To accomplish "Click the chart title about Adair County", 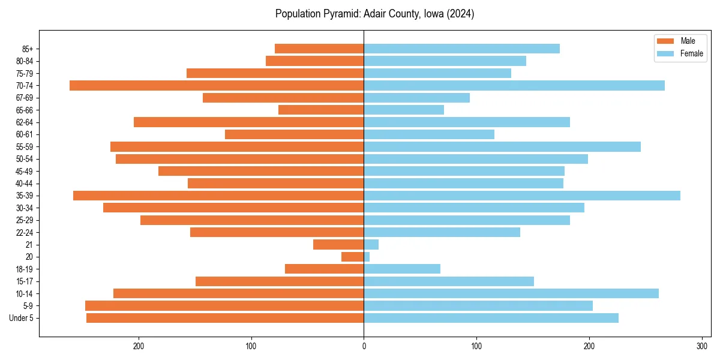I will pyautogui.click(x=374, y=14).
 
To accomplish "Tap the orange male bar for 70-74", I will pyautogui.click(x=217, y=85).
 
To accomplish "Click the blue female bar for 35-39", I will pyautogui.click(x=522, y=196).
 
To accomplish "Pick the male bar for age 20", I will pyautogui.click(x=353, y=257).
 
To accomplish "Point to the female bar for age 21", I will pyautogui.click(x=371, y=244).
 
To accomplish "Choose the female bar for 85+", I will pyautogui.click(x=462, y=49).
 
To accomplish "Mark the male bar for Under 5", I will pyautogui.click(x=225, y=318).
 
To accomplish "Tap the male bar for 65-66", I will pyautogui.click(x=321, y=110).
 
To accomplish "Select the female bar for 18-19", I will pyautogui.click(x=402, y=269).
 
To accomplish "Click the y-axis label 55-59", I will pyautogui.click(x=23, y=146).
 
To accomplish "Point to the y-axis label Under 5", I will pyautogui.click(x=21, y=318).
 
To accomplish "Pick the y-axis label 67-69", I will pyautogui.click(x=23, y=98).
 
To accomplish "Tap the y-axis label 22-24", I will pyautogui.click(x=23, y=232).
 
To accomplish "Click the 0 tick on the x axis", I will pyautogui.click(x=364, y=345).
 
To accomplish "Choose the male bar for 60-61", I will pyautogui.click(x=295, y=134).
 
